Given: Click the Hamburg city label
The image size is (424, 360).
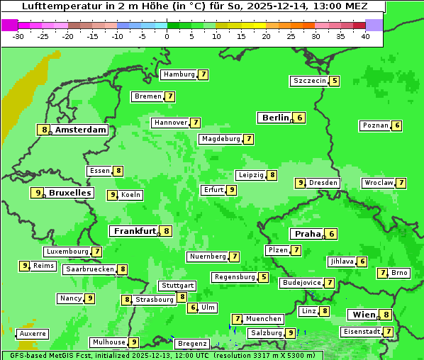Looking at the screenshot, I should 179,74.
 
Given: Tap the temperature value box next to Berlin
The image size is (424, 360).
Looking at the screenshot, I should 300,118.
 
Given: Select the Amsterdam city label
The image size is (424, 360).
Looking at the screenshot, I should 81,130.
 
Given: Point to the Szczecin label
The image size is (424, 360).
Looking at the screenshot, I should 310,81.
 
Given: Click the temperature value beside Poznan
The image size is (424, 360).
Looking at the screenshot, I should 397,125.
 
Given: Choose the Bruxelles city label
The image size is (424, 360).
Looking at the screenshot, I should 69,193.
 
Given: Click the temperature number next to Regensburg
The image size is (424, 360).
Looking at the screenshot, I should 264,277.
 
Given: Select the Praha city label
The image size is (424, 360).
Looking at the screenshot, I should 308,234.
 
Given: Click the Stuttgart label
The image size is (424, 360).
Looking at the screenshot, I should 177,286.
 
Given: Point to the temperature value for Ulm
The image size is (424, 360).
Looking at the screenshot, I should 193,308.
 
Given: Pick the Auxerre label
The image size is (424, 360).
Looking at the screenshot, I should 33,333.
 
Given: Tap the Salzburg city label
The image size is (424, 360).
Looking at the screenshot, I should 266,333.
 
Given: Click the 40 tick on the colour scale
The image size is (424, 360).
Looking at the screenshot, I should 365,35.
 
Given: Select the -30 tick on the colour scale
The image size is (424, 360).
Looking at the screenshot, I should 18,35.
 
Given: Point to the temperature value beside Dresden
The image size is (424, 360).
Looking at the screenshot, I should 300,183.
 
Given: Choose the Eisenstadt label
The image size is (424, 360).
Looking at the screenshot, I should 361,332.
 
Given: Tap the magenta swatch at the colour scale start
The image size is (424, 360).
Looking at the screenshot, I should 10,25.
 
